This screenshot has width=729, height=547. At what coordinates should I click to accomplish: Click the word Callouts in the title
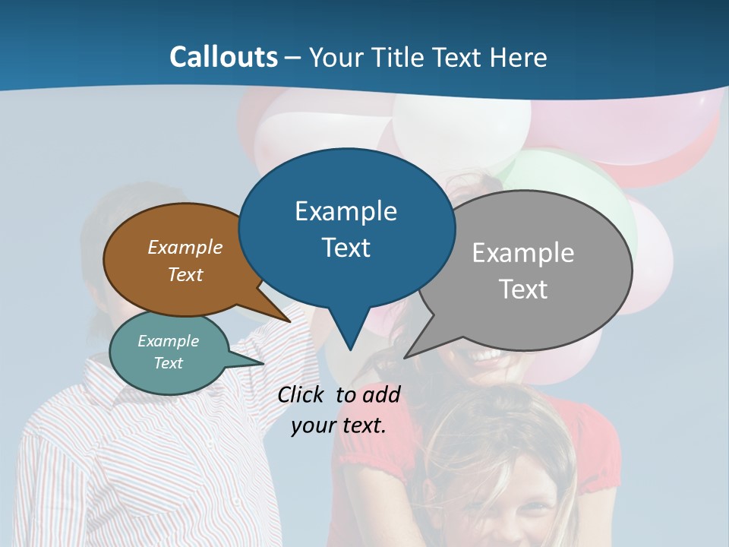[223, 57]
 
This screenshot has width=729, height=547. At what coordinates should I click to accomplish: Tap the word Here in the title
[518, 58]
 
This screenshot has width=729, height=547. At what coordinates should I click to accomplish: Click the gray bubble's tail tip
[406, 357]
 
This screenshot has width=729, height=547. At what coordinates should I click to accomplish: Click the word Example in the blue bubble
[346, 211]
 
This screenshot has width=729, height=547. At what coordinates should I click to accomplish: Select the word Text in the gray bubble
[523, 289]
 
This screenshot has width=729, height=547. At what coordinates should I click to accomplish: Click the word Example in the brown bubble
[185, 248]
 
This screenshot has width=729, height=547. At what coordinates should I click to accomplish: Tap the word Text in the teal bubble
[168, 363]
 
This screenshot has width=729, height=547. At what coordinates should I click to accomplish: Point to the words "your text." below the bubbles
[339, 425]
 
